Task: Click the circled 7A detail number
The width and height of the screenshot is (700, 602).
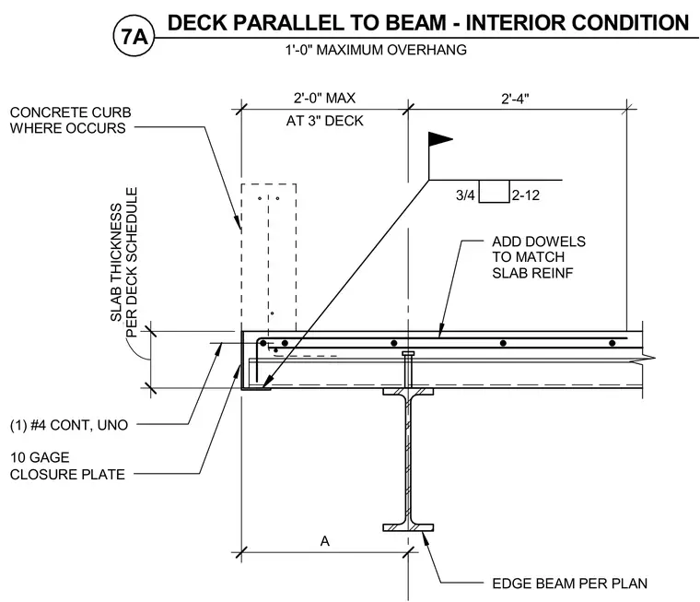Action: [x=134, y=37]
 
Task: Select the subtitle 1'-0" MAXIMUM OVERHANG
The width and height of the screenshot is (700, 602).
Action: [x=376, y=50]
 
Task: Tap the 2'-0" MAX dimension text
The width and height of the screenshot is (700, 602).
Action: [x=324, y=98]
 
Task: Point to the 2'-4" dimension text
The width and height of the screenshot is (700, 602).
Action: [x=515, y=99]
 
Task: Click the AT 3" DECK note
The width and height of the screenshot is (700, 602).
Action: [x=324, y=121]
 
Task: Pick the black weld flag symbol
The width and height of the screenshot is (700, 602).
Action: [x=440, y=139]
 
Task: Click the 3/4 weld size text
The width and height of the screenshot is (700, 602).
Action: [x=465, y=195]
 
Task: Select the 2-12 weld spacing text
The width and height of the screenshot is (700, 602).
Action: [x=526, y=195]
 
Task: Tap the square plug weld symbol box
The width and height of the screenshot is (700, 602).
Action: [x=495, y=191]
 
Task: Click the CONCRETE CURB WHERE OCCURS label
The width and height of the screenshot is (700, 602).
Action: [x=70, y=120]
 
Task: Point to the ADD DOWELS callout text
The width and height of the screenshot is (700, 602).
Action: [x=539, y=257]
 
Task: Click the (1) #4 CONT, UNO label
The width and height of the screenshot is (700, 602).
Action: [x=69, y=425]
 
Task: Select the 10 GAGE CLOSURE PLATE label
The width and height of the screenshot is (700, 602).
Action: [x=67, y=466]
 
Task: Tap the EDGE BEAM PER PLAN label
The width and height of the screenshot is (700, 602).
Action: [x=569, y=584]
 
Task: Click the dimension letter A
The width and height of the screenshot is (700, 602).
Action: [x=324, y=541]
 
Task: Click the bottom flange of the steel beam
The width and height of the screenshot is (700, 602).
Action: [x=408, y=527]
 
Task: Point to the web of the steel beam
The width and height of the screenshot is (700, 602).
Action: [x=408, y=459]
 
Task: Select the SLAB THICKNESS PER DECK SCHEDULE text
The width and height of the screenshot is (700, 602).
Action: [x=123, y=263]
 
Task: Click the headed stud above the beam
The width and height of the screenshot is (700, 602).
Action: [x=408, y=370]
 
